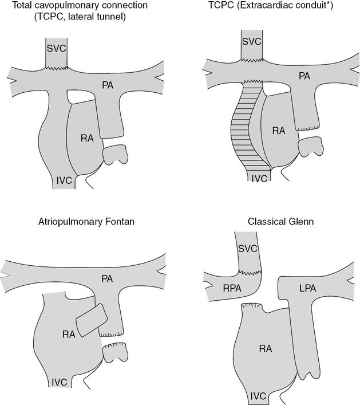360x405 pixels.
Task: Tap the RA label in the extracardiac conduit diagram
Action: (278, 131)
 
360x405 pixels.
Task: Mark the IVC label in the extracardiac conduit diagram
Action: (260, 178)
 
